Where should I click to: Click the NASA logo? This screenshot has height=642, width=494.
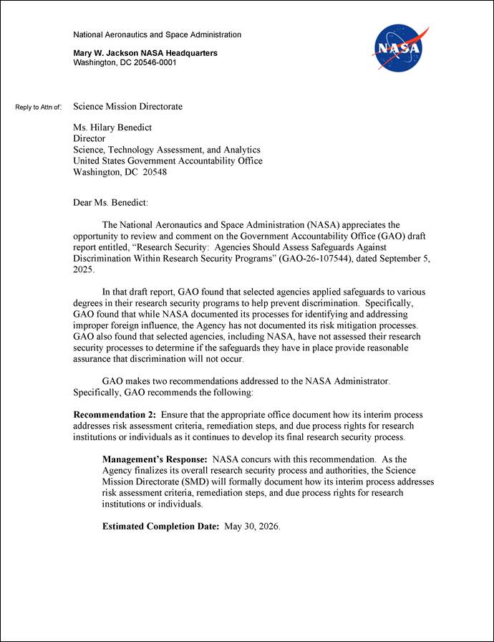click(400, 47)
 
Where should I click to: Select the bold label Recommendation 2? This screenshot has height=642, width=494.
click(115, 415)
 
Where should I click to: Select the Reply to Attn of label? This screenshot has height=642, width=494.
click(39, 107)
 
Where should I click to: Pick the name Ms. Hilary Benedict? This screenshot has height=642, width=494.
click(112, 128)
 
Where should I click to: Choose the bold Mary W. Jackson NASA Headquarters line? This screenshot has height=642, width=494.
click(145, 53)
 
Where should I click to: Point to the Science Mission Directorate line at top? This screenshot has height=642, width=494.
click(127, 107)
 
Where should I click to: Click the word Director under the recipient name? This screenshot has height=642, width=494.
click(89, 138)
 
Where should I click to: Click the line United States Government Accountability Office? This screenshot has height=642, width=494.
click(168, 161)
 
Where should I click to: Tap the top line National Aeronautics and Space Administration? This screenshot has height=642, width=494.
click(158, 34)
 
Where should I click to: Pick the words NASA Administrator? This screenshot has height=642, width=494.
click(347, 381)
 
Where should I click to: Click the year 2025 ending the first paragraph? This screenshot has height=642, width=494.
click(83, 270)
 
